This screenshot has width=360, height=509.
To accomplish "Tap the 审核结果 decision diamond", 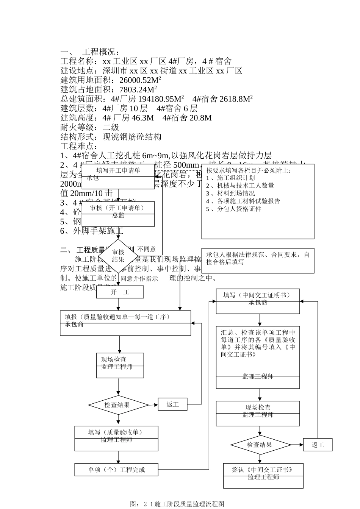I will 118,256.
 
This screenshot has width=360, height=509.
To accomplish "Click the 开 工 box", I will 120,292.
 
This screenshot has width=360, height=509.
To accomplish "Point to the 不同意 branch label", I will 146,249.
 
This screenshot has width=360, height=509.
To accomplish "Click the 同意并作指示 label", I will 139,278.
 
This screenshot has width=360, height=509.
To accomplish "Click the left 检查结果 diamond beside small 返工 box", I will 118,405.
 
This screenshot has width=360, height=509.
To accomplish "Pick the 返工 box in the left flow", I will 173,404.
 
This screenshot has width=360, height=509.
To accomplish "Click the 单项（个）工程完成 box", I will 116,470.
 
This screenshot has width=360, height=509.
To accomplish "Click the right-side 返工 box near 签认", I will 318,445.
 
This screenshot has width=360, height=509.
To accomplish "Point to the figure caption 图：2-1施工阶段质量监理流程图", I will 177,504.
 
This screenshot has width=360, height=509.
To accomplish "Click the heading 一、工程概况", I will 91,52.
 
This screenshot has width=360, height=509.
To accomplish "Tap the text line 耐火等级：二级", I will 90,127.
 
